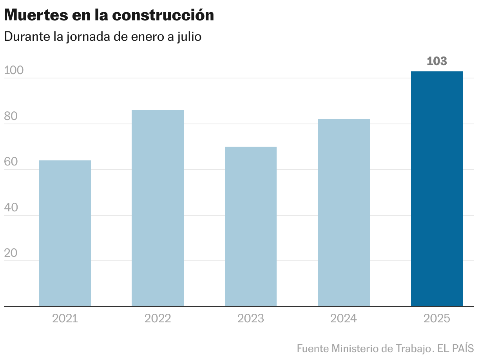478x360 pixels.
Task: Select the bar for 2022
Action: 158,208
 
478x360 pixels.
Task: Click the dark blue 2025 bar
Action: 436,189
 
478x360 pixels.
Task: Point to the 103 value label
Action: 436,61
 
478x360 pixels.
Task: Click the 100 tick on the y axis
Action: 14,71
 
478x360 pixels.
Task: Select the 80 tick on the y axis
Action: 11,116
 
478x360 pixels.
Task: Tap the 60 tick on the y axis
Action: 11,162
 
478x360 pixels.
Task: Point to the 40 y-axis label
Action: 11,208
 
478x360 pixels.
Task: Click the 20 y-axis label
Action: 11,253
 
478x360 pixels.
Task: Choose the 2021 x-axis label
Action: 65,318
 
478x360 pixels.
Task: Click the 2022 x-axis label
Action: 158,318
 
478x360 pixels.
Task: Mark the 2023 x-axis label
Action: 250,318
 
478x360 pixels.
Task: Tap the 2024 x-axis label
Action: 344,318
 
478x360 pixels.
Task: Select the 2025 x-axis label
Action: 436,318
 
